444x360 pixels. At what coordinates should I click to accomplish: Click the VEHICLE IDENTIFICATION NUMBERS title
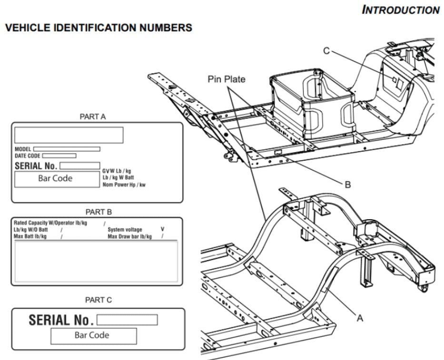pos(98,29)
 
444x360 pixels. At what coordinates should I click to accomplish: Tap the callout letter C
pos(326,49)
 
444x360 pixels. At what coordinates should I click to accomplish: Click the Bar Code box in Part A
pos(56,179)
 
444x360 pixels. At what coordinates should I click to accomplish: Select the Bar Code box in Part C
pos(93,335)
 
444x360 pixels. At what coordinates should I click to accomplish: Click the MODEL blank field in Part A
pos(67,149)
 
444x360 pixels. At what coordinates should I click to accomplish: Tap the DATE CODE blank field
pos(59,156)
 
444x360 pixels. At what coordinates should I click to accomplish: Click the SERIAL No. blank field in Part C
pos(127,319)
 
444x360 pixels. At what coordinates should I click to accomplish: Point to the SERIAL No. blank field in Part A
pos(79,165)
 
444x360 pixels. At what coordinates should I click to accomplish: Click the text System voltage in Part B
pos(125,230)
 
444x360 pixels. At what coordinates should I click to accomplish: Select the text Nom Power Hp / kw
pos(124,185)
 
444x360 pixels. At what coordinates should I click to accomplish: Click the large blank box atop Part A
pos(69,135)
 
